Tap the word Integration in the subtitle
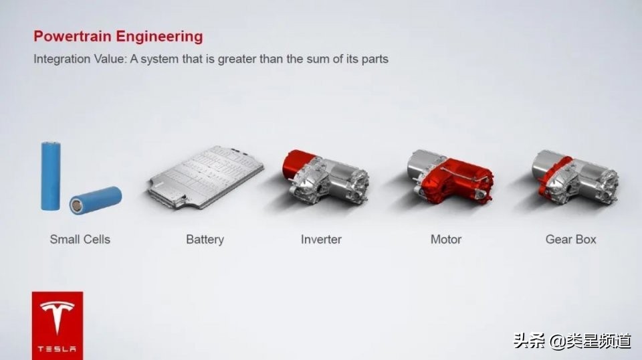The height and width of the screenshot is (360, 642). pyautogui.click(x=62, y=59)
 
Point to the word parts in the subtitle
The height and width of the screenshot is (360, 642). pyautogui.click(x=374, y=59)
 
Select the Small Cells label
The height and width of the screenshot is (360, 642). pyautogui.click(x=80, y=239)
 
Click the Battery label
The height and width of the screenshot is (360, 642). pyautogui.click(x=205, y=239)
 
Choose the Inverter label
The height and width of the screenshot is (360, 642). pyautogui.click(x=321, y=239)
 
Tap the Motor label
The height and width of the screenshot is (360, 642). pyautogui.click(x=446, y=239)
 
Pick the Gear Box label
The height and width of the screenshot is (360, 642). pyautogui.click(x=570, y=239)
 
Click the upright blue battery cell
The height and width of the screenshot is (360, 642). pyautogui.click(x=51, y=175)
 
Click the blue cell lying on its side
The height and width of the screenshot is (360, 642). pyautogui.click(x=96, y=199)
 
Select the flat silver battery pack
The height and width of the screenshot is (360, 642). pyautogui.click(x=205, y=176)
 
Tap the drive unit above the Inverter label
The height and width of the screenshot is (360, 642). pyautogui.click(x=324, y=178)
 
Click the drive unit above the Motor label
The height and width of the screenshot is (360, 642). pyautogui.click(x=449, y=178)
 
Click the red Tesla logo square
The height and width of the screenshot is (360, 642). pyautogui.click(x=57, y=325)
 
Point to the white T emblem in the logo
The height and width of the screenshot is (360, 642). pyautogui.click(x=57, y=317)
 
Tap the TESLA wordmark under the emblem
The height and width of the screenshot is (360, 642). pyautogui.click(x=57, y=349)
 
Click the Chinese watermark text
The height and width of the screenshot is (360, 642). pyautogui.click(x=572, y=341)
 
